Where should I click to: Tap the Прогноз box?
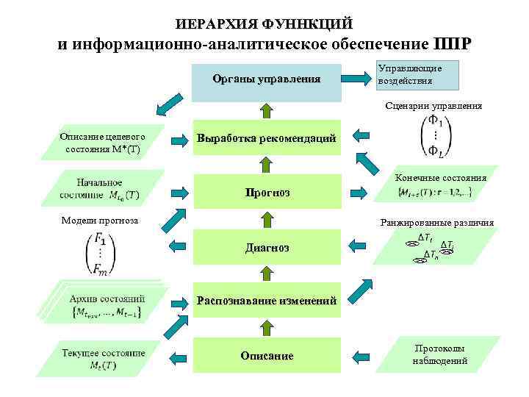click(x=266, y=193)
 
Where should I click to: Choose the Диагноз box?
click(x=266, y=248)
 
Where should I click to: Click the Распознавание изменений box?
click(x=266, y=301)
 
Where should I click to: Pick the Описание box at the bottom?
click(x=266, y=356)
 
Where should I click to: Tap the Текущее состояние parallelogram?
click(x=103, y=356)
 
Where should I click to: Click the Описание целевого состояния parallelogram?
click(x=102, y=143)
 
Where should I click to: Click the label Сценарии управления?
click(x=433, y=106)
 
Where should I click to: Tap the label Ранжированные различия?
click(x=436, y=223)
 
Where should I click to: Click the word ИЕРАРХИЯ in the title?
click(x=212, y=24)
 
